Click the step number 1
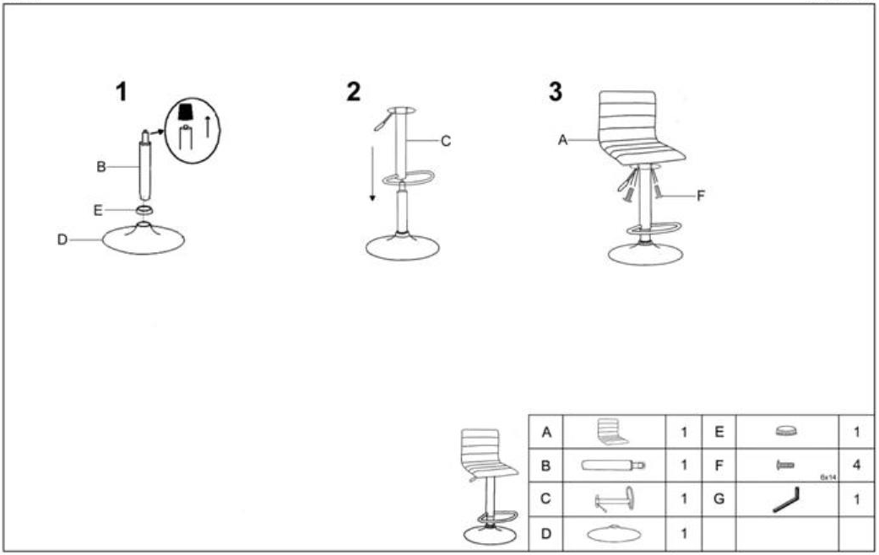(x=122, y=92)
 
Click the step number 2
(x=353, y=92)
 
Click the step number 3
(x=555, y=92)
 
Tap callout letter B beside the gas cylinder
(x=101, y=166)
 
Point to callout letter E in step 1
(x=98, y=210)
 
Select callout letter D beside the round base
(x=62, y=240)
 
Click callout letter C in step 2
(x=446, y=141)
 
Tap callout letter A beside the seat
(x=563, y=140)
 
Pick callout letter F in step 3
(x=700, y=196)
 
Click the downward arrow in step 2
(x=372, y=174)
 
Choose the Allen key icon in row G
(x=786, y=500)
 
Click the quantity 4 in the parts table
(x=856, y=465)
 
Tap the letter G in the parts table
(x=719, y=499)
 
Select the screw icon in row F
(x=784, y=465)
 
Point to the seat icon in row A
(x=612, y=432)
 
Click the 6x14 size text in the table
(x=828, y=477)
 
